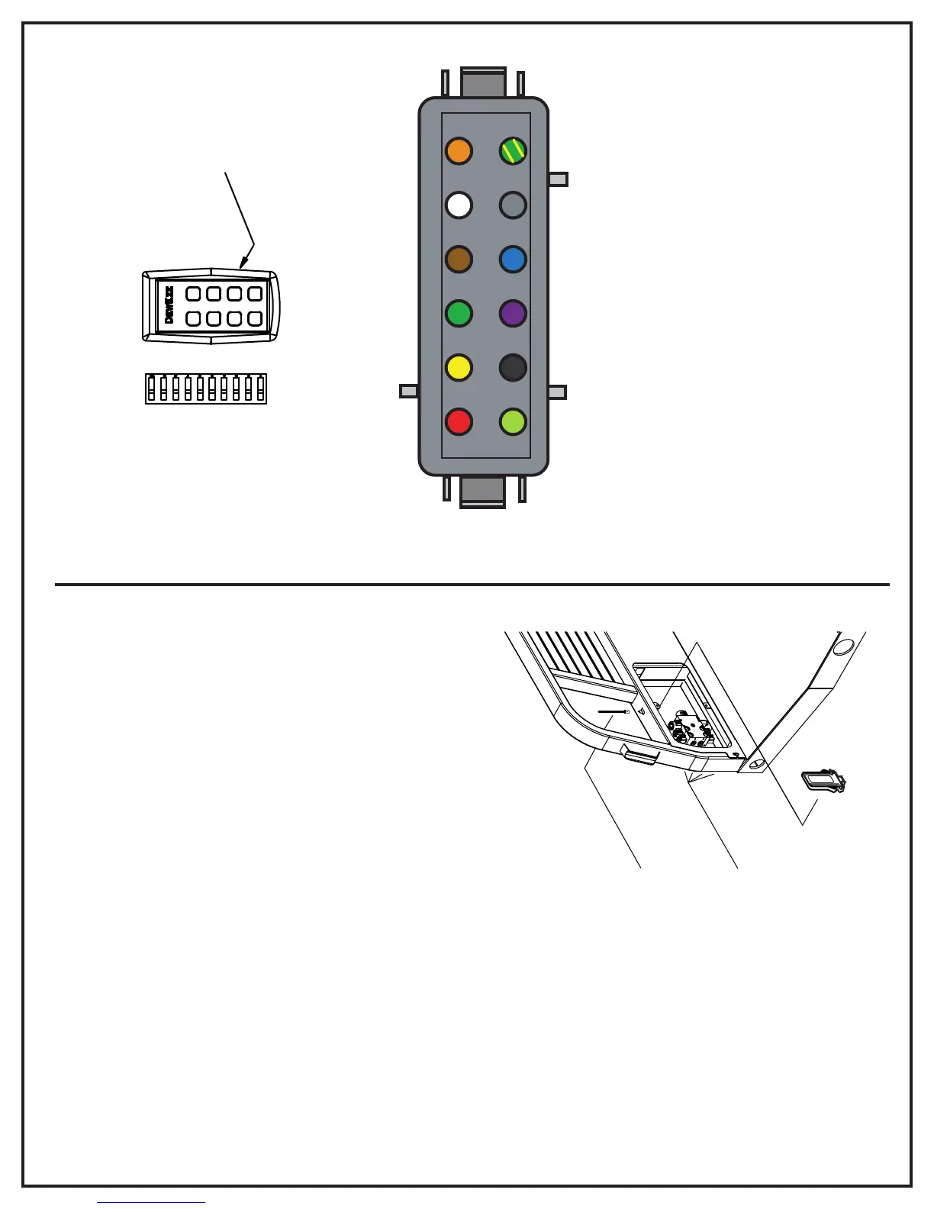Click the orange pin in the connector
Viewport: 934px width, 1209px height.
(x=459, y=151)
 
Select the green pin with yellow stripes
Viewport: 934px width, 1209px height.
(x=513, y=151)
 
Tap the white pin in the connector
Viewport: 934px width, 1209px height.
(x=459, y=205)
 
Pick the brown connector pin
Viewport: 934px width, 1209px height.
(x=459, y=260)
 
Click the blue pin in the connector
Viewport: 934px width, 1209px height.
(x=513, y=260)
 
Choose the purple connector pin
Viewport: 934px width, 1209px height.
(x=513, y=313)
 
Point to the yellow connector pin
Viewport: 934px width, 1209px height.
(x=459, y=367)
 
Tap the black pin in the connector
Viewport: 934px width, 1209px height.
(x=513, y=367)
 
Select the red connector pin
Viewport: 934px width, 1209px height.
(x=459, y=421)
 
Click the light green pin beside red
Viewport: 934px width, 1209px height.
(x=513, y=421)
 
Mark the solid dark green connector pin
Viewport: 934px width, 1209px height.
(x=459, y=313)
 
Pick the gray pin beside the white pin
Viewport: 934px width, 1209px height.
(x=513, y=205)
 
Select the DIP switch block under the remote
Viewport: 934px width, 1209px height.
(x=206, y=388)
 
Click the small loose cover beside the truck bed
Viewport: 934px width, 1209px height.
(x=823, y=782)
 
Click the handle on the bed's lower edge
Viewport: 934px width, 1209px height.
(x=639, y=756)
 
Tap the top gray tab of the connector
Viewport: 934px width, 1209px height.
(x=483, y=82)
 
